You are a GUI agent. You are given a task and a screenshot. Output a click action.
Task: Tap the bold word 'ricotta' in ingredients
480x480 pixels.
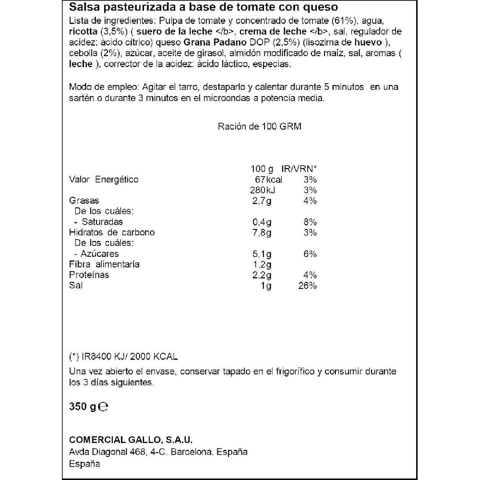[x=83, y=32]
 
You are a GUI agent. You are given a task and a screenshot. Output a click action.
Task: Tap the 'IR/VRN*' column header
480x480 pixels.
[x=300, y=169]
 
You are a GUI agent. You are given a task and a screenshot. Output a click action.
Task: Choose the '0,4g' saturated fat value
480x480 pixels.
[x=262, y=222]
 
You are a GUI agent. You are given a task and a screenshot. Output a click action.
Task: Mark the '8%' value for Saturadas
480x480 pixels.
[x=311, y=222]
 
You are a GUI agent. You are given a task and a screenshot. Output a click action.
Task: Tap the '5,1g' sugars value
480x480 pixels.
[x=262, y=253]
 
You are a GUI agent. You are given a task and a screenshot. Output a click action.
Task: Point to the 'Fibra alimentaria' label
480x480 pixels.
[x=105, y=264]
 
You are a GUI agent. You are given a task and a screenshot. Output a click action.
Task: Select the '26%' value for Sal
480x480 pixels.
[x=307, y=286]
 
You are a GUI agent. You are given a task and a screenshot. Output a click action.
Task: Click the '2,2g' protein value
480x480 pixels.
[x=262, y=275]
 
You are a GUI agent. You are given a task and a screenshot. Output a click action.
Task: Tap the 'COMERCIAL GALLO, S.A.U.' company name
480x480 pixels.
[x=127, y=441]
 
